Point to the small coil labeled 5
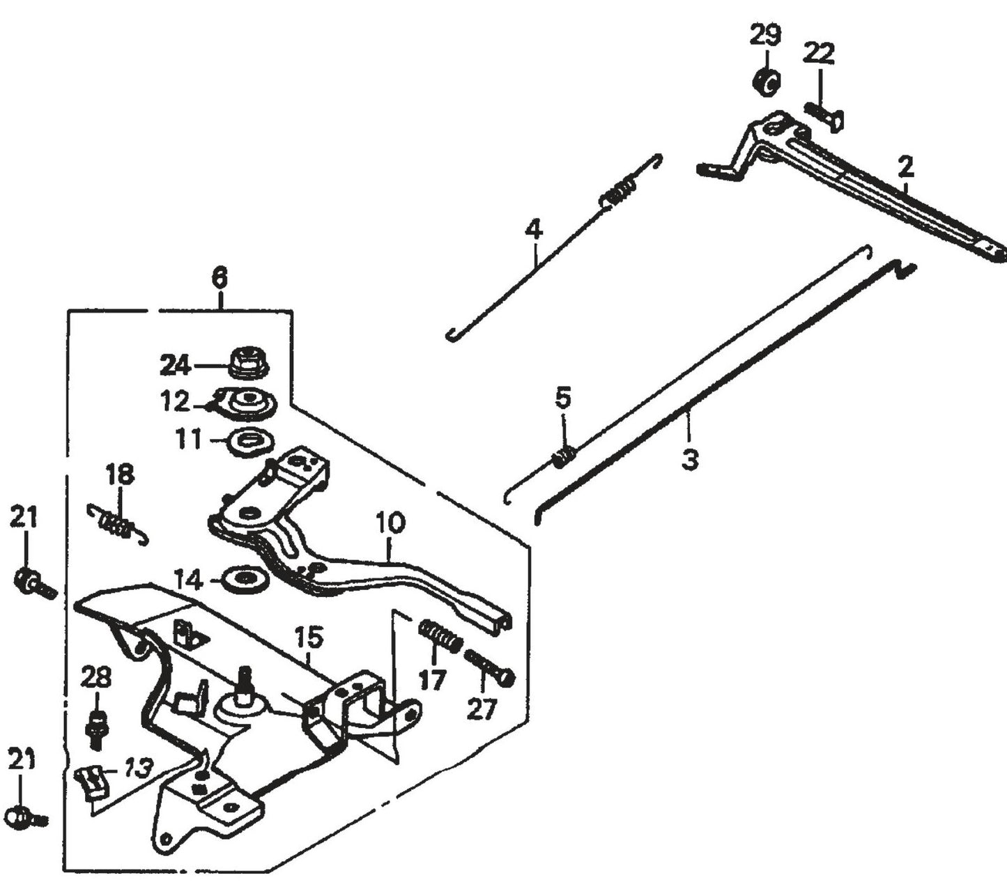point(563,456)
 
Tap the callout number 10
point(390,523)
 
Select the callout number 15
point(309,637)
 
